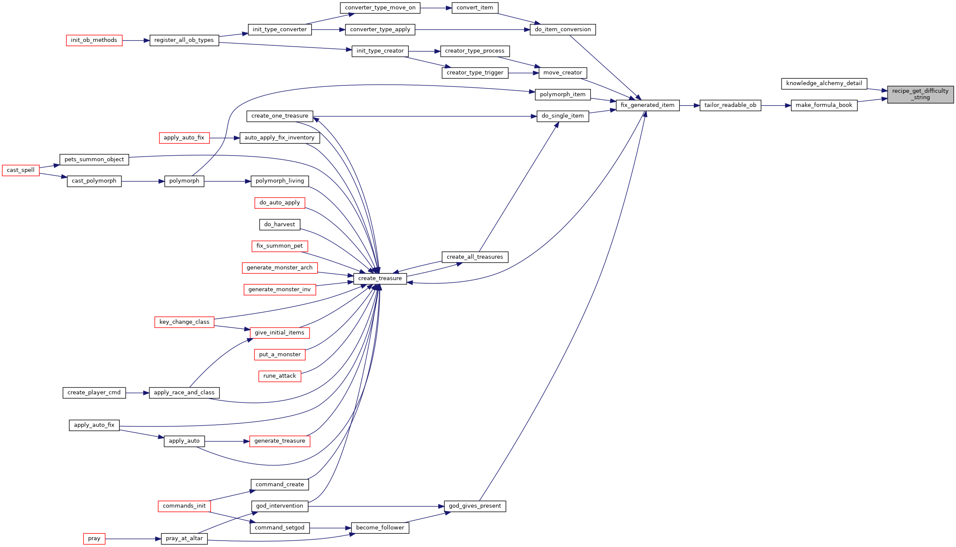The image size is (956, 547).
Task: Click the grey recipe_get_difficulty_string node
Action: point(920,95)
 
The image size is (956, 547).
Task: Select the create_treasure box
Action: point(380,278)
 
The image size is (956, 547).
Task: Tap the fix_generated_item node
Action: point(647,105)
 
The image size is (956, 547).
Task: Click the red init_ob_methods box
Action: point(94,40)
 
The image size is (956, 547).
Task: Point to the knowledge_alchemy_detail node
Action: point(824,83)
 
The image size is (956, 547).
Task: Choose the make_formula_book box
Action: point(824,105)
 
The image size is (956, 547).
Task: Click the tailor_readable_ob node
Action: point(730,105)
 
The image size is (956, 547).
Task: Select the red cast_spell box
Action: point(21,170)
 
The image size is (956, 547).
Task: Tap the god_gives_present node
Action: point(475,506)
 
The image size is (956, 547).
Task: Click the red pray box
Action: point(94,538)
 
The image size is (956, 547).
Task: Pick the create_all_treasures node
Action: point(475,257)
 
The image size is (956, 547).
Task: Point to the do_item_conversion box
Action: point(563,30)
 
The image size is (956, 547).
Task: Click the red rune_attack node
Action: point(280,376)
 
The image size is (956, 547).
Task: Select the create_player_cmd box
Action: point(94,393)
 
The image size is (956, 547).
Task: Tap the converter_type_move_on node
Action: point(380,8)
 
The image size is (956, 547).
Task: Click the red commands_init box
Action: point(184,506)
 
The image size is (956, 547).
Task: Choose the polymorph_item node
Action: point(563,95)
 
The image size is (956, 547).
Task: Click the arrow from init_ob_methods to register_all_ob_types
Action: point(136,41)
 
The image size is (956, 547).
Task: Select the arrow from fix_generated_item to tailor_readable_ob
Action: point(690,105)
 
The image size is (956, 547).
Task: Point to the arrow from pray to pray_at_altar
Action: point(133,539)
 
